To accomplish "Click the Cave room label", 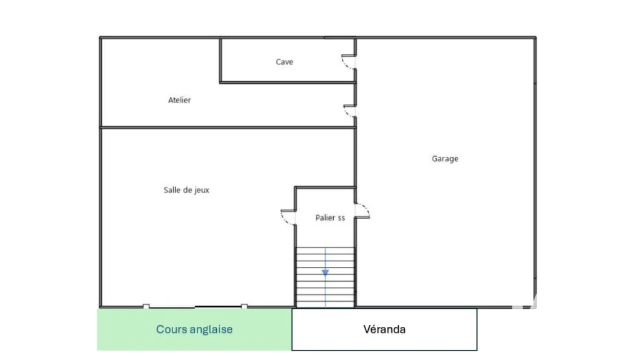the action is tap(284, 62).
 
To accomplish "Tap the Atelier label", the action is tap(179, 100).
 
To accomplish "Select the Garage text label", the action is tap(445, 159).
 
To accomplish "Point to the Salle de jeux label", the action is tap(186, 190).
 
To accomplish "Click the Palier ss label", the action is tap(330, 218).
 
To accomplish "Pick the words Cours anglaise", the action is tap(194, 329).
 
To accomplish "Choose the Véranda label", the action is tap(384, 329).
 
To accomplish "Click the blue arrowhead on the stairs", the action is tap(325, 272).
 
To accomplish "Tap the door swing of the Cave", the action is tap(348, 62).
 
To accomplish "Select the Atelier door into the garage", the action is tap(350, 111).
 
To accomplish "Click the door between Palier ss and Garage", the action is tap(362, 211).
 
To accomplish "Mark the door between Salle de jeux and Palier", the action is tap(288, 217).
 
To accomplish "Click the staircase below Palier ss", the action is tap(325, 277).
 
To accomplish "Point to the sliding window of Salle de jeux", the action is tap(195, 306).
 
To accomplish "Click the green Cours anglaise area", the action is tap(194, 329).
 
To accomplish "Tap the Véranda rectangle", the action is tap(384, 329).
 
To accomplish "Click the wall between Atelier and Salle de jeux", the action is tap(227, 127).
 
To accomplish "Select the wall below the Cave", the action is tap(287, 83).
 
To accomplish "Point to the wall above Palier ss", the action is tap(325, 187).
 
